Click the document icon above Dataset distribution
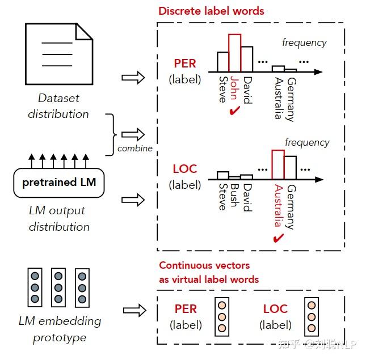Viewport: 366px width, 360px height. coord(59,54)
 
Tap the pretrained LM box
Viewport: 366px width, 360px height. coord(59,183)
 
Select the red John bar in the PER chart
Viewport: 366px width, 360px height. coord(234,53)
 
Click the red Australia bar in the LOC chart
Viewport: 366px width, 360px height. coord(278,164)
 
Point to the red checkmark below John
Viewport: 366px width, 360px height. coord(234,111)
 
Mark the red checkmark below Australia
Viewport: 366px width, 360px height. coord(278,238)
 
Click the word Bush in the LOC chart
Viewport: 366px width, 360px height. coord(234,196)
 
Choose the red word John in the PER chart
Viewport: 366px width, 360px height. coord(234,88)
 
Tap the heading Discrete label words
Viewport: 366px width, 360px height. coord(211,11)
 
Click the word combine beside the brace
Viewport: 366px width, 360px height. coord(135,149)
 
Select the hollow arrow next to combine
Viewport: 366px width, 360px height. coord(133,134)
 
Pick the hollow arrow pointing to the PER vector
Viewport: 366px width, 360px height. coord(134,310)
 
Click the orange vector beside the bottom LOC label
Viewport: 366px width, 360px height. coord(312,317)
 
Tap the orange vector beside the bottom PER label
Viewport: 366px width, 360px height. coord(222,317)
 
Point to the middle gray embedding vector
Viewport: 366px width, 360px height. coord(58,287)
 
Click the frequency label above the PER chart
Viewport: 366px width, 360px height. coord(304,43)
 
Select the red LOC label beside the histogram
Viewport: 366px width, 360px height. coord(185,169)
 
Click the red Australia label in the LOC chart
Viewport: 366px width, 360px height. coord(279,206)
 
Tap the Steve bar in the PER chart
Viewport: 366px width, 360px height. coord(223,62)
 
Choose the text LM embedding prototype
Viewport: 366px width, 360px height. coord(60,329)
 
